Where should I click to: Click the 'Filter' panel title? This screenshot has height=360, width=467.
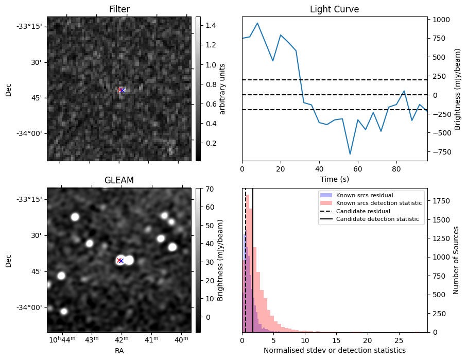(119, 9)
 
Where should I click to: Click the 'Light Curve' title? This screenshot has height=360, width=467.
(334, 9)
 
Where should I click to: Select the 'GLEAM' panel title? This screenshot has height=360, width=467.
(119, 180)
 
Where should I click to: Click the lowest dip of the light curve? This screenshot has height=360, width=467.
(350, 154)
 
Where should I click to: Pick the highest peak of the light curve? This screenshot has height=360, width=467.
(257, 23)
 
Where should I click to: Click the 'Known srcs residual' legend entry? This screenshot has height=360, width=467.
(365, 196)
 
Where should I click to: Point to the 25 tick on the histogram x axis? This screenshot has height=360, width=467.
(399, 340)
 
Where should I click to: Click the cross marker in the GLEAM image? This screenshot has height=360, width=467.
(120, 261)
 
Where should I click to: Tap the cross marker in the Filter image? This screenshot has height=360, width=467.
(122, 90)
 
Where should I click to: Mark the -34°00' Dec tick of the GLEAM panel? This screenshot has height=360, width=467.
(30, 308)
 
